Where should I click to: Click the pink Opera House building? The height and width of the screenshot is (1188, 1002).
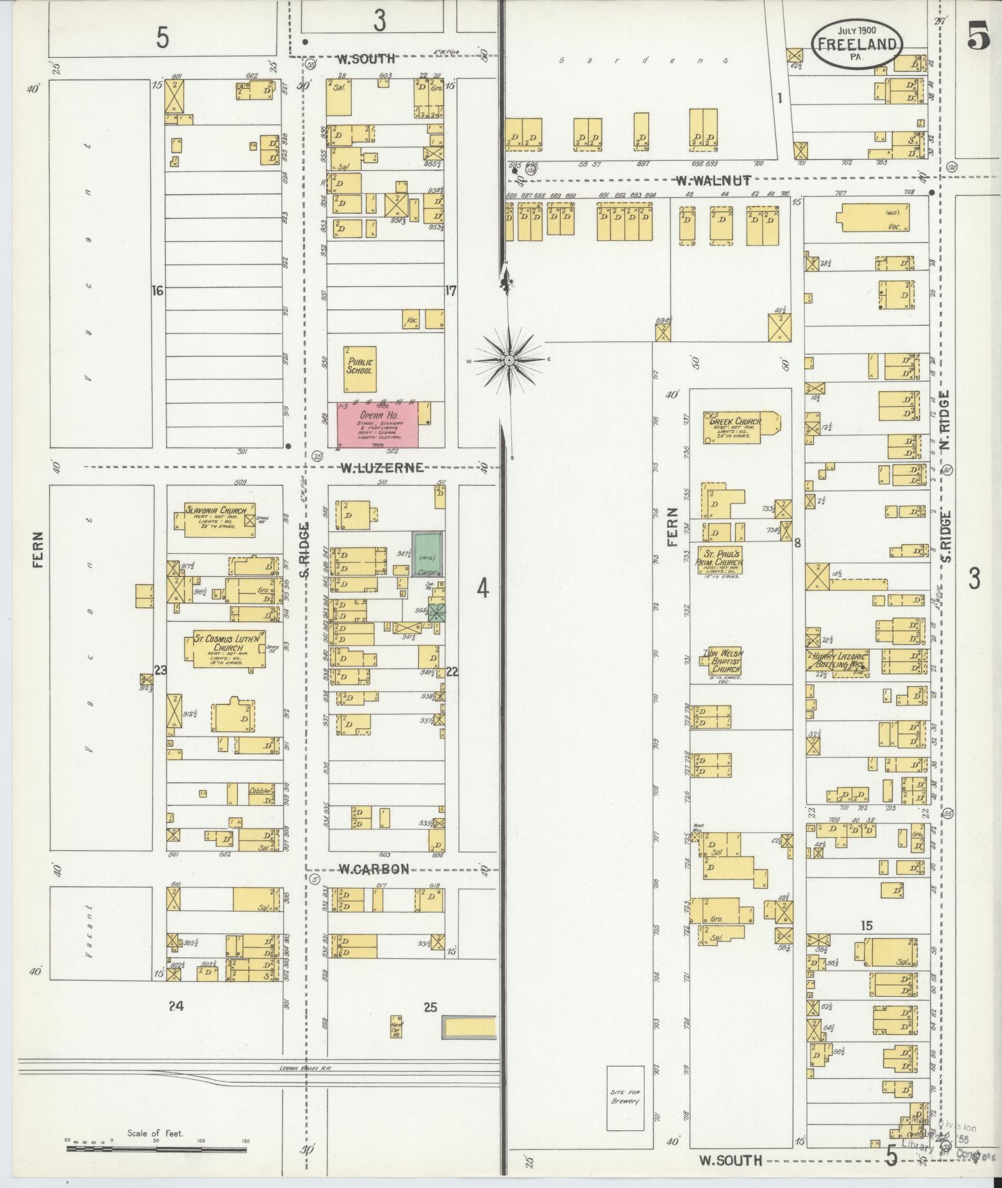[377, 424]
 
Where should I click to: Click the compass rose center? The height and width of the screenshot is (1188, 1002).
[509, 360]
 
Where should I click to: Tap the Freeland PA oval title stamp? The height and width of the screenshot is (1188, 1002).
[857, 43]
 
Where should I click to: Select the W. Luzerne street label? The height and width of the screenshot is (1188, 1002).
[381, 467]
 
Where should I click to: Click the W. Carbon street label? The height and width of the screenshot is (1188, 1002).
[373, 869]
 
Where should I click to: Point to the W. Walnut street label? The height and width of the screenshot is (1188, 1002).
[714, 181]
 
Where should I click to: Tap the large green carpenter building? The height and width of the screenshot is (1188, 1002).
[429, 553]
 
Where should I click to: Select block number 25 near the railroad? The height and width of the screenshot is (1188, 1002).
[430, 1007]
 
